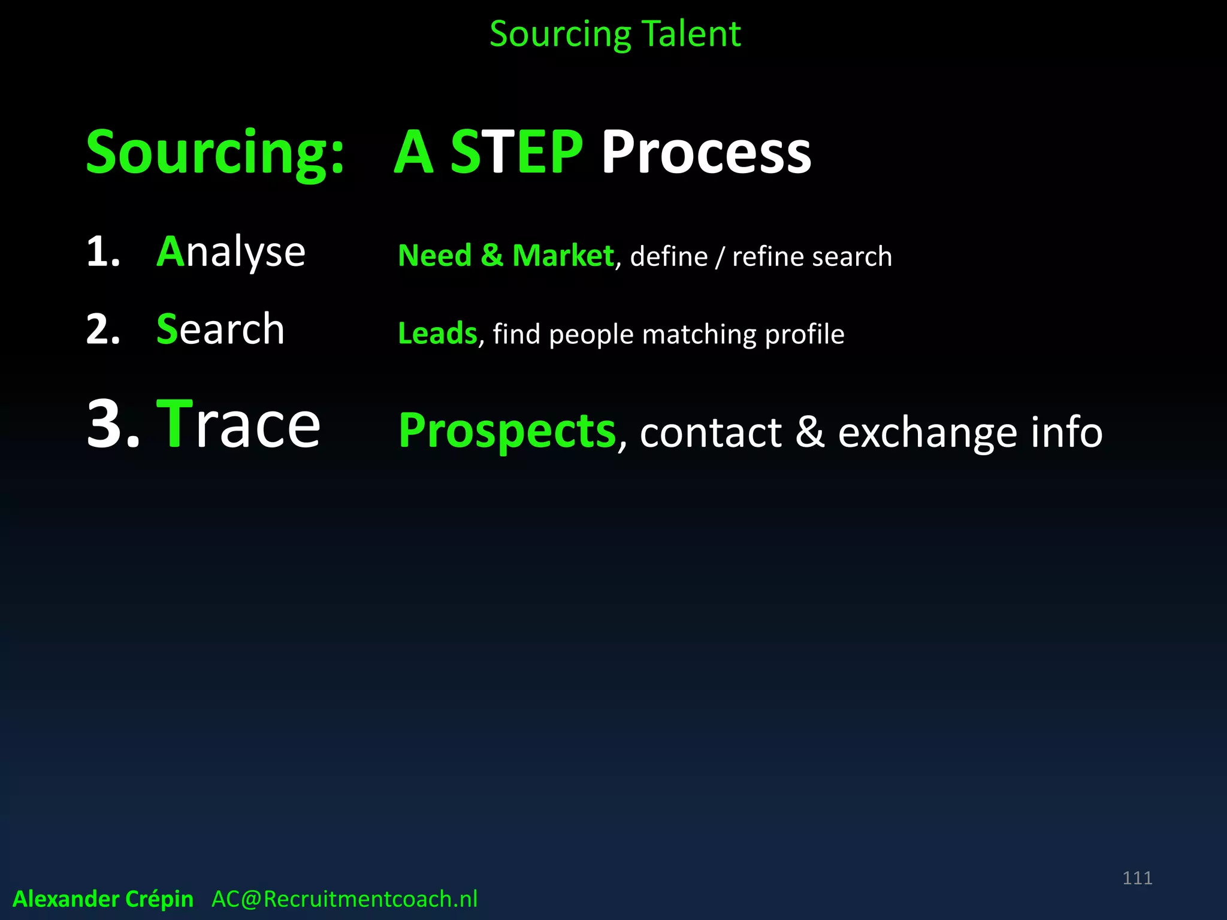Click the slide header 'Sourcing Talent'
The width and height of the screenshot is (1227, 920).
(615, 34)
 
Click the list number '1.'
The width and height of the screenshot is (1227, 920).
(103, 252)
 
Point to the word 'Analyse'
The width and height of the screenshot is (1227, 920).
(231, 252)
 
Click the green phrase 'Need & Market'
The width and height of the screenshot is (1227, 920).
(505, 256)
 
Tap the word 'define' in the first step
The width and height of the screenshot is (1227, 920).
(669, 256)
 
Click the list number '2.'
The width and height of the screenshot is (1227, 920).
(103, 329)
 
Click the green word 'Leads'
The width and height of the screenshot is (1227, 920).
(437, 334)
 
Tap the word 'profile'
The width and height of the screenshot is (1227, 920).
(805, 334)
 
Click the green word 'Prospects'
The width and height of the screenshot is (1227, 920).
(507, 431)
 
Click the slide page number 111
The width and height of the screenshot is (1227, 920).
(1137, 878)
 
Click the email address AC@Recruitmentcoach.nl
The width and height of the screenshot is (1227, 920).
(344, 899)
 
